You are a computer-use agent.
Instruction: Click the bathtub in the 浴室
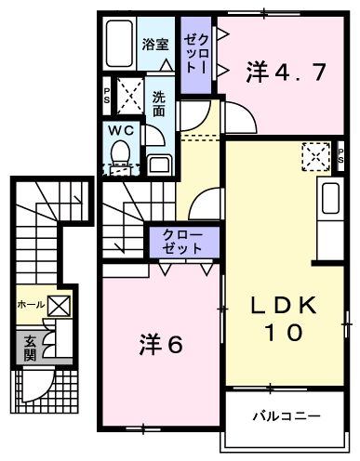click(119, 44)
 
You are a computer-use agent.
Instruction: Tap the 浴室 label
click(155, 45)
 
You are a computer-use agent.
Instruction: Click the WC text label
click(121, 130)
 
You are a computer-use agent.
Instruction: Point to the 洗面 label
click(159, 104)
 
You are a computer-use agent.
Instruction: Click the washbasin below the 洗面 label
click(159, 165)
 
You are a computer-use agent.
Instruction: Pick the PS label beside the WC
click(107, 96)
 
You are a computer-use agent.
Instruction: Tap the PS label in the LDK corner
click(340, 156)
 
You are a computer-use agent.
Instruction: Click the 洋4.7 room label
click(286, 72)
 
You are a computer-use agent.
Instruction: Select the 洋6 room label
click(161, 344)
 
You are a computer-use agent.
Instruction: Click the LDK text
click(284, 305)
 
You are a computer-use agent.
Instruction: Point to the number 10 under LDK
click(284, 332)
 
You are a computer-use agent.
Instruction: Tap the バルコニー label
click(287, 415)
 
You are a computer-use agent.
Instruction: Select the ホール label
click(31, 305)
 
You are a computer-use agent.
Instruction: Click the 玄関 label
click(30, 348)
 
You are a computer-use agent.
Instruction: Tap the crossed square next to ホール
click(59, 306)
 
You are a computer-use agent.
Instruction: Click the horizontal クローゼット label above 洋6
click(182, 242)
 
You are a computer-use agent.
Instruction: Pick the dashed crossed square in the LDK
click(316, 156)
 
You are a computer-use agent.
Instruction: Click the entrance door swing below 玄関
click(38, 384)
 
